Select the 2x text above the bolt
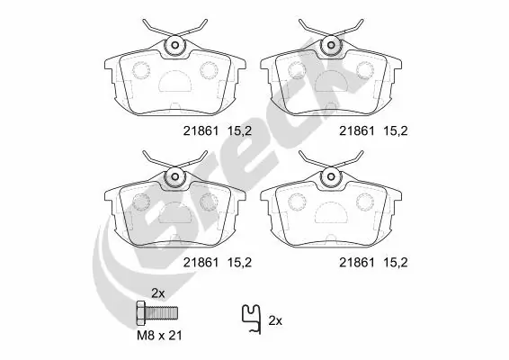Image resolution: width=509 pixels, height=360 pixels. click(x=159, y=293)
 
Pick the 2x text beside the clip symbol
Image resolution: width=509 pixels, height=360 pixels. click(x=276, y=320)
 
